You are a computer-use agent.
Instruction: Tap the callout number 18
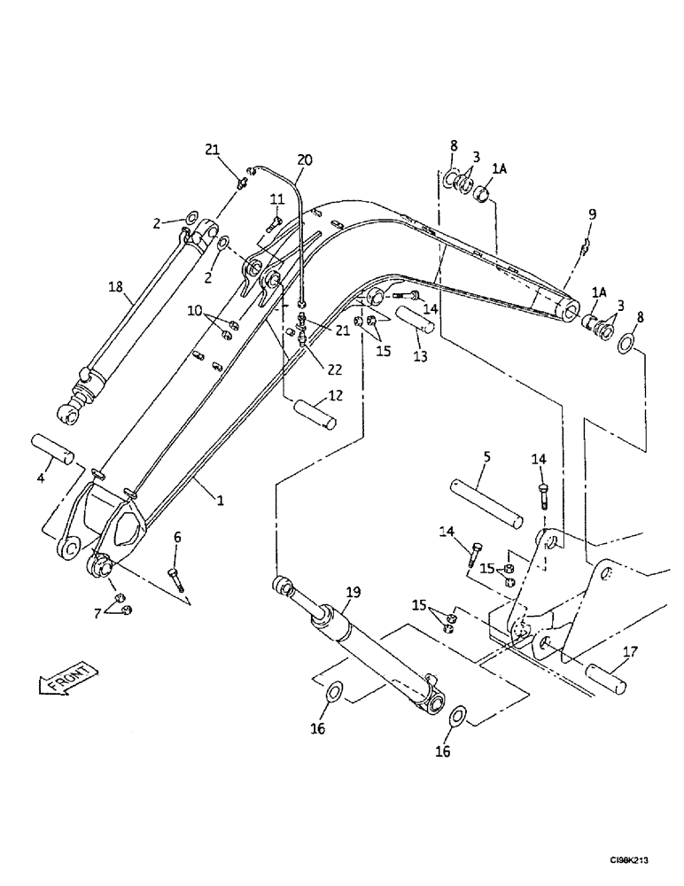click(115, 288)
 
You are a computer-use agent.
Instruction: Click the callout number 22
click(333, 368)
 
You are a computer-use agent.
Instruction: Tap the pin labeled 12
click(312, 415)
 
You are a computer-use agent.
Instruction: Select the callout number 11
click(276, 198)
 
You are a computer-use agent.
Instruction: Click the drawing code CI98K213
click(636, 859)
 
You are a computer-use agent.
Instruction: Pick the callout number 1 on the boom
click(221, 500)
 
